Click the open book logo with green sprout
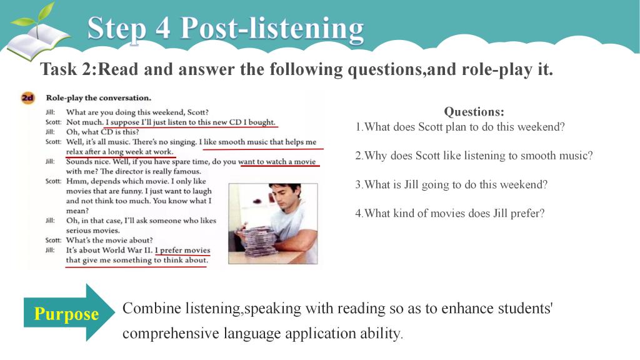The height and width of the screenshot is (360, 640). click(x=39, y=35)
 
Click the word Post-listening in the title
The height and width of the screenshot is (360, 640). click(x=272, y=29)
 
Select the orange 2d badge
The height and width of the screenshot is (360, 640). click(x=27, y=98)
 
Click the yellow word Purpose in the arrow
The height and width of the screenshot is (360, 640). click(x=66, y=314)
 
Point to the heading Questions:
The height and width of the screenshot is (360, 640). click(x=474, y=111)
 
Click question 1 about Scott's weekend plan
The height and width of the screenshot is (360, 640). click(x=460, y=127)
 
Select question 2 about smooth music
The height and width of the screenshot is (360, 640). click(x=474, y=156)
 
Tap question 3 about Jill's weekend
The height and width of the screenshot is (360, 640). click(x=451, y=184)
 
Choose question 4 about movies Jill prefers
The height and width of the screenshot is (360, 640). click(x=450, y=213)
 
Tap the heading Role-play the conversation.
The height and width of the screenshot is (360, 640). click(x=98, y=98)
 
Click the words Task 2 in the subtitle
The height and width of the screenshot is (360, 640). click(x=67, y=69)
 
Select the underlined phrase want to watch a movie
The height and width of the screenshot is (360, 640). click(x=277, y=162)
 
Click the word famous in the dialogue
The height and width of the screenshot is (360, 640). click(x=187, y=171)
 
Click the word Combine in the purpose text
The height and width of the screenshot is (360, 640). click(x=151, y=308)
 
